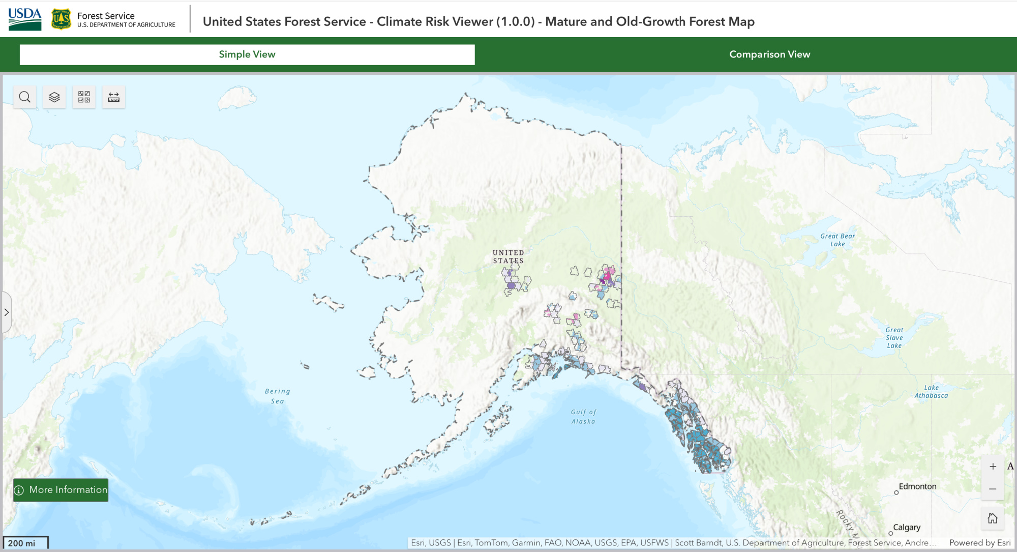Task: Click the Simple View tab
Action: [247, 54]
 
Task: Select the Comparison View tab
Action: [769, 54]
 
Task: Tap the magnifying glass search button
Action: [24, 97]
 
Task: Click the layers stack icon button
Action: [54, 97]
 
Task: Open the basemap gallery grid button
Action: [84, 97]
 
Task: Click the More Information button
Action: [61, 490]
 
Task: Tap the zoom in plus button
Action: [993, 466]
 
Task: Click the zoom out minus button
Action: [993, 489]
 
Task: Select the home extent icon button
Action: [993, 518]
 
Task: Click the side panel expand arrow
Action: [7, 312]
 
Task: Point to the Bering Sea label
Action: [277, 396]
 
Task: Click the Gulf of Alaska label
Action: [583, 417]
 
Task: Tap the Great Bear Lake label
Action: [837, 240]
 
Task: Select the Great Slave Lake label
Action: [894, 338]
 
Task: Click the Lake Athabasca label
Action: [931, 391]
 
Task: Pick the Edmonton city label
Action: [917, 486]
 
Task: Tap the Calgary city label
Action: [907, 528]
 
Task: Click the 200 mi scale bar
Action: [25, 543]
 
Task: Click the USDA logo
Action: [24, 19]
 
